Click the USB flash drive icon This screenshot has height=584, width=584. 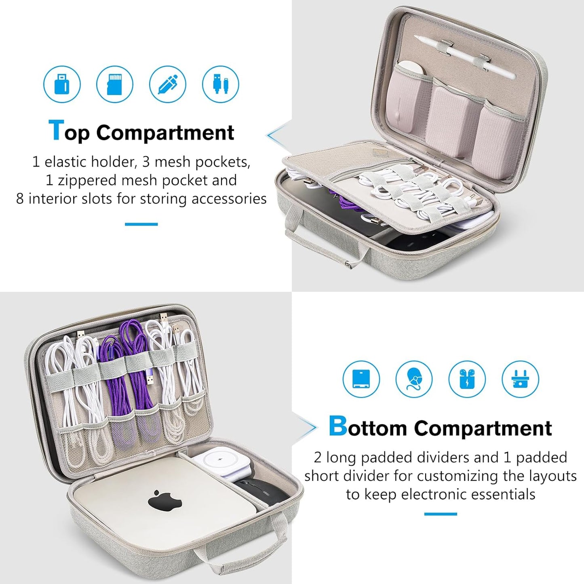point(62,84)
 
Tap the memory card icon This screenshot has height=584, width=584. point(115,84)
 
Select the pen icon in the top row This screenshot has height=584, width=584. point(168,84)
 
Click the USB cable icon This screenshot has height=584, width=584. point(221,84)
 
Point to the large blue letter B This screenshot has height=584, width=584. point(337,426)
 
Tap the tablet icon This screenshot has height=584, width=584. point(361,379)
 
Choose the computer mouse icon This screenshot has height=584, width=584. point(414,379)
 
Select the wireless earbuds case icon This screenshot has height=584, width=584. point(467,379)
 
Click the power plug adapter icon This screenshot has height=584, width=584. point(520,379)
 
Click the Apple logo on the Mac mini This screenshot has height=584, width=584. point(164,501)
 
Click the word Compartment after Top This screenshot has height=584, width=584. point(165,133)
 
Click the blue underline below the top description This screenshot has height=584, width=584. point(141,224)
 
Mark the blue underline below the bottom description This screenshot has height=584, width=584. point(441,514)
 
